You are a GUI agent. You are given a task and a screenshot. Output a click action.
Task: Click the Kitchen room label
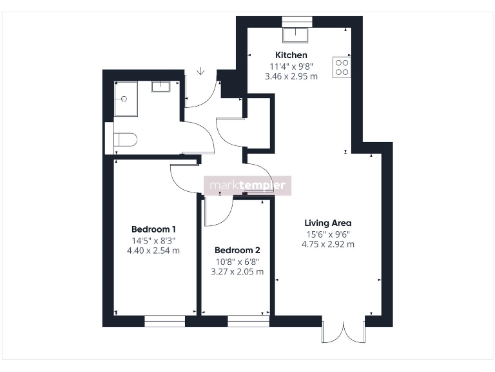291,55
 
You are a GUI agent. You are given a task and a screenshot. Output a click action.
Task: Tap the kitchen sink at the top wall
297,34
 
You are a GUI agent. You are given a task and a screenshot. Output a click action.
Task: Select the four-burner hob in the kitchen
342,67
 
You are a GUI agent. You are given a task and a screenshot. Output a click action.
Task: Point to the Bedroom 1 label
154,229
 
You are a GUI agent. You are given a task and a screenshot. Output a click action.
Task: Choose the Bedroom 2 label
237,250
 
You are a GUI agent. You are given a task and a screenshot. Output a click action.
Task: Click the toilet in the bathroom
126,139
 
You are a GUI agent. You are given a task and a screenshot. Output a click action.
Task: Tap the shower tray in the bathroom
126,99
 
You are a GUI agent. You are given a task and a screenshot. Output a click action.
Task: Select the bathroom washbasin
160,87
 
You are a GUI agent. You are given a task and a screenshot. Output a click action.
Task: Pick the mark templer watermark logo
248,186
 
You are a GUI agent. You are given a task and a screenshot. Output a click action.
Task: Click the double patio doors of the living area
344,331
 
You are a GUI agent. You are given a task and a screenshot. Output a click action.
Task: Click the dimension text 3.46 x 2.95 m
291,76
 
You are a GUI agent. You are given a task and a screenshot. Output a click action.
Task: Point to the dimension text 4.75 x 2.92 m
327,244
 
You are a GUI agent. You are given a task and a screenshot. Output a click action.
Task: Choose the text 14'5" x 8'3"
154,240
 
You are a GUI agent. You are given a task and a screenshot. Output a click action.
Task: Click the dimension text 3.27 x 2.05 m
237,272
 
